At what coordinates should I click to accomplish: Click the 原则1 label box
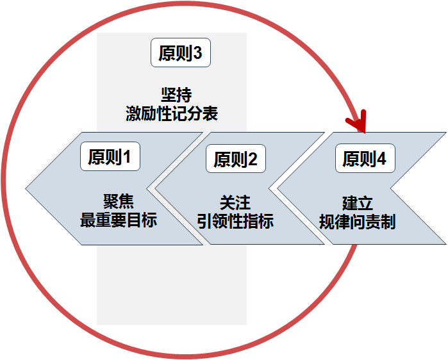(110, 157)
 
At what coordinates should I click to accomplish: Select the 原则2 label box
(235, 160)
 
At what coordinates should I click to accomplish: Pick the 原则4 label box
(365, 159)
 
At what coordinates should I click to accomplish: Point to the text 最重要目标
(118, 221)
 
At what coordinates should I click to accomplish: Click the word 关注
(235, 203)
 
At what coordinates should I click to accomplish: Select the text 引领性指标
(235, 222)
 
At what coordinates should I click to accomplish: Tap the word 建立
(357, 203)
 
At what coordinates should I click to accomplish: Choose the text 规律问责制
(357, 222)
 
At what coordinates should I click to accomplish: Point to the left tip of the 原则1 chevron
(28, 188)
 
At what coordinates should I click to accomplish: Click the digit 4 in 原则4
(382, 159)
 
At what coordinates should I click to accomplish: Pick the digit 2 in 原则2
(253, 160)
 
